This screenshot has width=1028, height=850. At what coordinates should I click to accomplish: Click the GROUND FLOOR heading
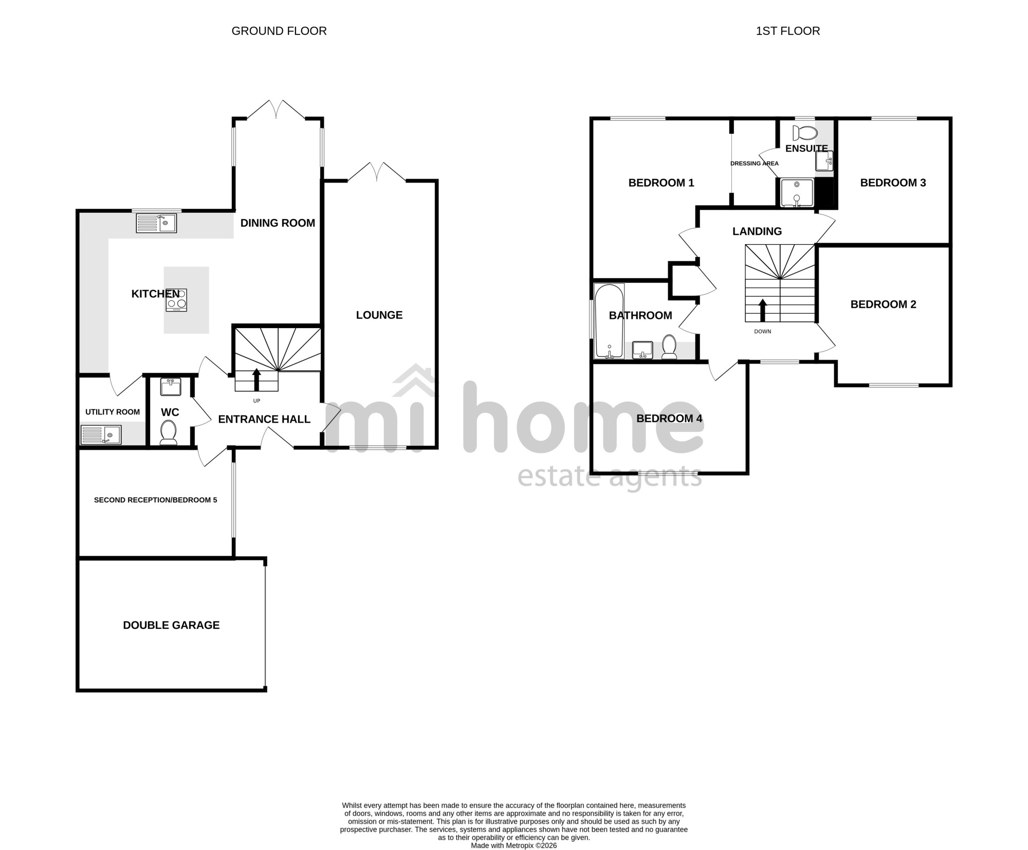point(279,31)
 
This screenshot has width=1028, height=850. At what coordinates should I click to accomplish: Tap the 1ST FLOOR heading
point(787,31)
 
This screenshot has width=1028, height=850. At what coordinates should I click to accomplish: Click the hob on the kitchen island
point(176,300)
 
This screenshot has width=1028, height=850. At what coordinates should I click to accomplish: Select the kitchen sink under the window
point(156,223)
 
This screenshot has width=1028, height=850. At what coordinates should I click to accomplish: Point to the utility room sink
point(101,435)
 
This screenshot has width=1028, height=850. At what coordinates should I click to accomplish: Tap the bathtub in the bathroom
point(609,321)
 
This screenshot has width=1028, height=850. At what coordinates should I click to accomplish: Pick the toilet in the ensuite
point(804,133)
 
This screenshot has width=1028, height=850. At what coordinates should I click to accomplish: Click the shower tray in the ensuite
point(797,193)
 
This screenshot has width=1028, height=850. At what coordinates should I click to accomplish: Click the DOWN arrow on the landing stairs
point(763,311)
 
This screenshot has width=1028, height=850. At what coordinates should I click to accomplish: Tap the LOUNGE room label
point(379,315)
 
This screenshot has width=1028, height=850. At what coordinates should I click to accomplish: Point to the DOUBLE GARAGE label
point(171,625)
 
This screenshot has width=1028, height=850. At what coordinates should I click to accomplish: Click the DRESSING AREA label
point(755,164)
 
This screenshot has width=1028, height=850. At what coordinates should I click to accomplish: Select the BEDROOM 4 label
point(669,418)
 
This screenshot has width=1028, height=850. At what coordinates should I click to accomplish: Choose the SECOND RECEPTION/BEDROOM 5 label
point(156,500)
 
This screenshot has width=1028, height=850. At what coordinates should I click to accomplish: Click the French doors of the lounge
point(377,172)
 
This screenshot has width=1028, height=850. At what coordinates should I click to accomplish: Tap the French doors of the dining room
point(276,109)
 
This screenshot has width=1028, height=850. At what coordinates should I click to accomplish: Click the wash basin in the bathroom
point(642,350)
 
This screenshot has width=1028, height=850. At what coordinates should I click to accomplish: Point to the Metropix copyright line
point(514,845)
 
